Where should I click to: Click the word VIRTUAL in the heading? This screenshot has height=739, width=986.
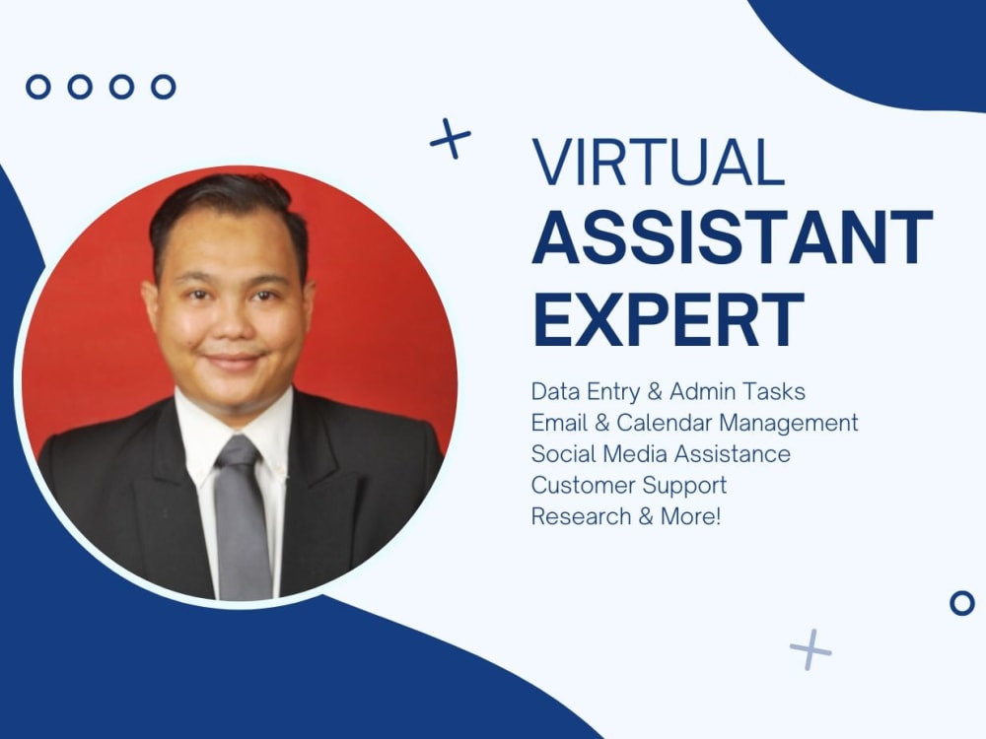pyautogui.click(x=658, y=162)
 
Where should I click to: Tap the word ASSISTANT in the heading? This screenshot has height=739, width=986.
pyautogui.click(x=732, y=239)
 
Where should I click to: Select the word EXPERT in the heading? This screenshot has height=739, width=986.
pyautogui.click(x=669, y=319)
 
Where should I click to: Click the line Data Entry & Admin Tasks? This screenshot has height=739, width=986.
pyautogui.click(x=668, y=391)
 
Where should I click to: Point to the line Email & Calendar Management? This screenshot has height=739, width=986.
pyautogui.click(x=694, y=423)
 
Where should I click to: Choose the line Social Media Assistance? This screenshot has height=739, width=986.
pyautogui.click(x=661, y=454)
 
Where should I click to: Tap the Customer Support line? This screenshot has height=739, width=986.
pyautogui.click(x=629, y=485)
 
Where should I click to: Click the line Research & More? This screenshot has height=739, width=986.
pyautogui.click(x=626, y=516)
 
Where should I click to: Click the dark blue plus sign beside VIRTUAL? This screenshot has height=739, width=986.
pyautogui.click(x=450, y=139)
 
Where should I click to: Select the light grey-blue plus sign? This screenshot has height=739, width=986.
pyautogui.click(x=810, y=649)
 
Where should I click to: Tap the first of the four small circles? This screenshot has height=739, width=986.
pyautogui.click(x=37, y=87)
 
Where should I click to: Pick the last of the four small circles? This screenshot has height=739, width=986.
pyautogui.click(x=163, y=87)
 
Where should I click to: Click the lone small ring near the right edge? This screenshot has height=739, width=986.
pyautogui.click(x=961, y=603)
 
